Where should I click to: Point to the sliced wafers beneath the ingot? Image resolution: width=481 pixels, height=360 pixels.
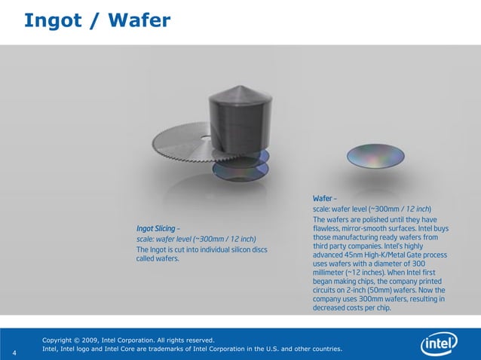pyautogui.click(x=240, y=166)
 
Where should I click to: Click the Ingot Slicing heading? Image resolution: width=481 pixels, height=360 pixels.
pyautogui.click(x=156, y=229)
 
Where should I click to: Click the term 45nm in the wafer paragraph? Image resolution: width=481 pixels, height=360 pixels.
pyautogui.click(x=354, y=255)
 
